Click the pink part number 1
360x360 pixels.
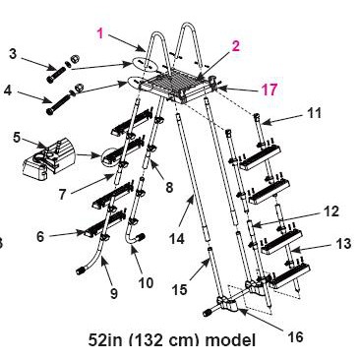tap(100, 33)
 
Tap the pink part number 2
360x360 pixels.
tap(235, 46)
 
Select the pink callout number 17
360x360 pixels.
tap(270, 90)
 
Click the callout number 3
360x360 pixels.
tap(13, 53)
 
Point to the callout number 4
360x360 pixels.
tap(8, 90)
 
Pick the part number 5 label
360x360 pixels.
tap(17, 137)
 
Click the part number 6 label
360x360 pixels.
tap(40, 236)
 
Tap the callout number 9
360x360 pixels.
tap(113, 293)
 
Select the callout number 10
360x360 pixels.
tap(146, 282)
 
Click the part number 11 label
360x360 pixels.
tap(314, 113)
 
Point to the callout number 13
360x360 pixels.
tap(343, 243)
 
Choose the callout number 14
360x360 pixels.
tap(177, 239)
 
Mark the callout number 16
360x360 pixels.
tap(295, 336)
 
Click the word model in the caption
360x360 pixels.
tap(230, 340)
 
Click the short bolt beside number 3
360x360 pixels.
tap(55, 74)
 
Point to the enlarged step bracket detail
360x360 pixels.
tap(48, 156)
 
